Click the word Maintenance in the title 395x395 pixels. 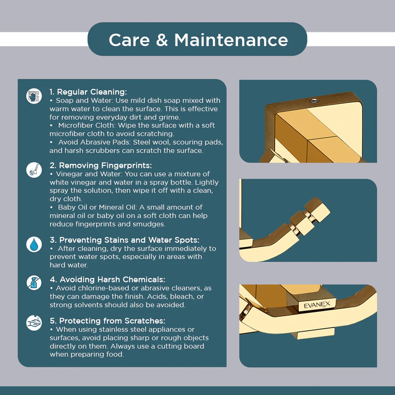coord(231,40)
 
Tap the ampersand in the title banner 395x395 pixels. coord(162,40)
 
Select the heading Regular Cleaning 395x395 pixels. coord(88,92)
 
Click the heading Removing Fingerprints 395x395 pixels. coord(101,165)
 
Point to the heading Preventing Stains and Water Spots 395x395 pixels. coord(125,240)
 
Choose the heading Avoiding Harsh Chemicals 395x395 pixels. coord(107,279)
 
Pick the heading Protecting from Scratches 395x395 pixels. coord(107,321)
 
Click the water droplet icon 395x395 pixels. coord(34,244)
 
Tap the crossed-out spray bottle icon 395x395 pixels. coord(34,283)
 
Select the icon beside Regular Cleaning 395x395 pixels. coord(34,96)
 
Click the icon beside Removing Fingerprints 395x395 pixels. coord(34,170)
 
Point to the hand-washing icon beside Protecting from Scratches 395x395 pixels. coord(34,323)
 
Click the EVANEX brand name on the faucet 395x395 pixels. coord(317,305)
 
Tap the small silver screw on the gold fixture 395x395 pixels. coord(314,100)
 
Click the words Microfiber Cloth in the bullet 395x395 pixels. coord(86,125)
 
